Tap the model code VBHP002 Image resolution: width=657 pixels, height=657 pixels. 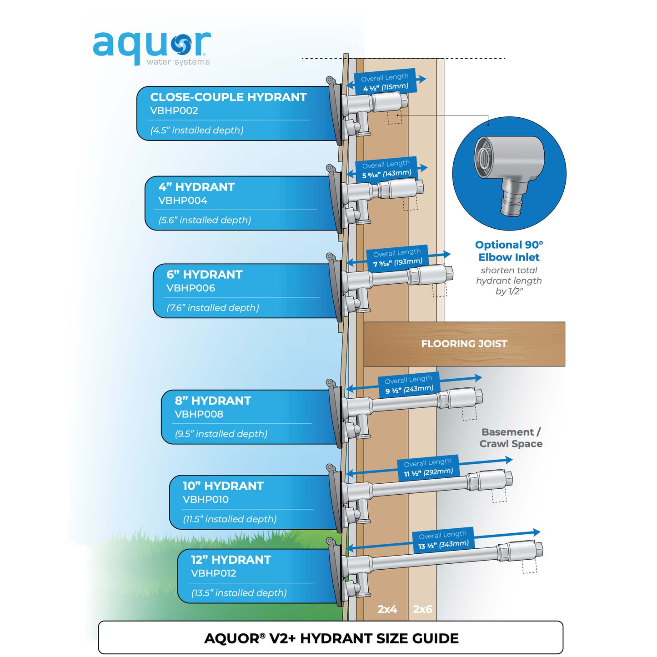point(174,110)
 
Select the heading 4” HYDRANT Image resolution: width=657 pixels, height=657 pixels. point(196,187)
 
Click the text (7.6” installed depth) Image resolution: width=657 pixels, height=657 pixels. point(213,308)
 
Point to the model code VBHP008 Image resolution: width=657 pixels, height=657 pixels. point(199,414)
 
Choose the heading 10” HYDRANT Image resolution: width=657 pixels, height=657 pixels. point(223,486)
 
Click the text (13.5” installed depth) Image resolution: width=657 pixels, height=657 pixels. point(239,593)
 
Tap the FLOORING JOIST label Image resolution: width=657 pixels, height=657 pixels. point(464,344)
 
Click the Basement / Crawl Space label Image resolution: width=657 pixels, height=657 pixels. point(511,438)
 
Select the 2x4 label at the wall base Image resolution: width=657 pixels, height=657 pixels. point(387,609)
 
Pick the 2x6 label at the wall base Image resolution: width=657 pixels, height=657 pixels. point(422,609)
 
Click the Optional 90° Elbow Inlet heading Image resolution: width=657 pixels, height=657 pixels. point(509,251)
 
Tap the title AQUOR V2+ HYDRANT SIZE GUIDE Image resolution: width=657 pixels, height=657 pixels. point(331,638)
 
